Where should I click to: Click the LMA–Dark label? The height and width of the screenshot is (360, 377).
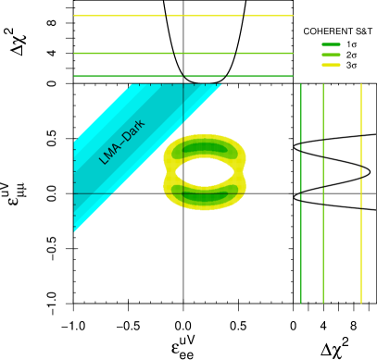point(122,142)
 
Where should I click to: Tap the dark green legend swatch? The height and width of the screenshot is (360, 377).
point(331,44)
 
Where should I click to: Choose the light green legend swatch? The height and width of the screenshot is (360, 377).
point(331,55)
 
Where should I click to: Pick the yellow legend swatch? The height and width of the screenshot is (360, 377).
point(331,65)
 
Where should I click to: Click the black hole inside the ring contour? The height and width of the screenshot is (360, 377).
point(205,171)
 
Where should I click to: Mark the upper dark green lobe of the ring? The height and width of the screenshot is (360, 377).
point(205,148)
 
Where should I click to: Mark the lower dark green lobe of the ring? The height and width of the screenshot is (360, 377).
point(205,194)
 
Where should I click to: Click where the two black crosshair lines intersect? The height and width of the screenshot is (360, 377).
point(183,193)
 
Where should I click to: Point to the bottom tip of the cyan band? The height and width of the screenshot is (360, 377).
point(75,230)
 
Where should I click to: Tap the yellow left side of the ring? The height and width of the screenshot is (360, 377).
point(169,171)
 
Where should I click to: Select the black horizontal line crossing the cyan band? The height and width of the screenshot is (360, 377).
point(93,193)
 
